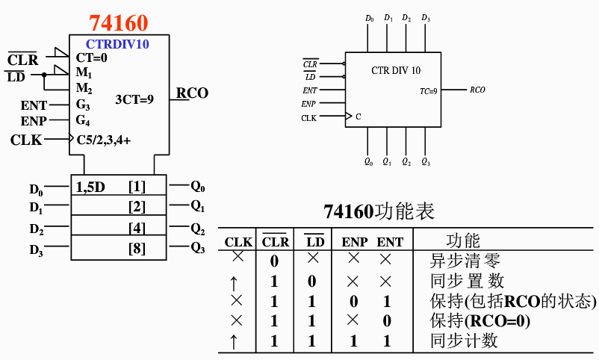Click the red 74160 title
118,22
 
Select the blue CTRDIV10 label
117,44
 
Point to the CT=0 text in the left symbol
92,58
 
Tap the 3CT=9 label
134,98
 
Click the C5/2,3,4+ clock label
104,139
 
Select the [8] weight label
137,248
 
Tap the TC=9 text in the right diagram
429,90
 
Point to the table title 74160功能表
379,211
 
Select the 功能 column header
463,240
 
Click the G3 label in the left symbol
84,105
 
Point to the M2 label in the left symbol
84,89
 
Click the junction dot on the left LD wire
44,74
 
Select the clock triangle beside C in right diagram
348,117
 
